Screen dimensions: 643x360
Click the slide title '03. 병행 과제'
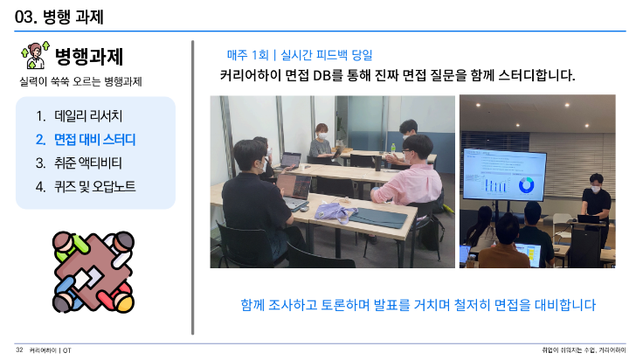[x=59, y=17]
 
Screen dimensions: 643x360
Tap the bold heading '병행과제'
[x=89, y=56]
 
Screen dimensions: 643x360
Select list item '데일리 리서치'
[x=88, y=115]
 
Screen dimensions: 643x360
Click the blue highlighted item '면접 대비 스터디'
[x=94, y=140]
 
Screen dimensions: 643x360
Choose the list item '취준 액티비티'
[x=88, y=163]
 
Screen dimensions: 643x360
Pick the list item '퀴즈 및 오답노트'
[x=94, y=187]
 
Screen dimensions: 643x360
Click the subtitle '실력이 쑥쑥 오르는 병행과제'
[x=80, y=81]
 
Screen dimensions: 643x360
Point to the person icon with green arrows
[x=35, y=55]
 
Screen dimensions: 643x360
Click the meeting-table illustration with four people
[x=93, y=272]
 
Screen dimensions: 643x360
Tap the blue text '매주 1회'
[x=248, y=55]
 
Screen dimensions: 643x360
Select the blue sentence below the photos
[x=418, y=305]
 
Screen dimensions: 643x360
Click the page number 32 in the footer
[x=19, y=350]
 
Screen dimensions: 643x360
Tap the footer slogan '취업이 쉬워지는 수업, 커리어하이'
[x=584, y=350]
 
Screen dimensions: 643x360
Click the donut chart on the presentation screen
[x=526, y=185]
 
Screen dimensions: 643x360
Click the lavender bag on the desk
[x=332, y=212]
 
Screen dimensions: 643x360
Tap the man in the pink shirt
[x=406, y=172]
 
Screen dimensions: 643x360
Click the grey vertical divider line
[x=192, y=187]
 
